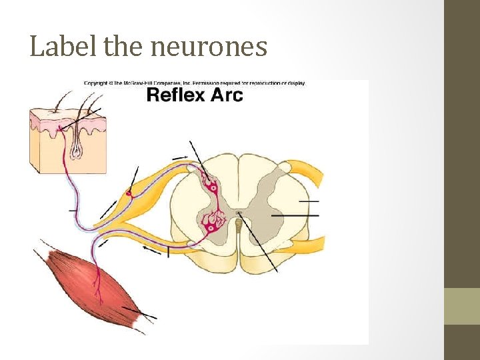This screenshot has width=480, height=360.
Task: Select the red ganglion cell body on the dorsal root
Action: click(129, 194)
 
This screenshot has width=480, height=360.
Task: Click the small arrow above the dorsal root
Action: click(180, 157)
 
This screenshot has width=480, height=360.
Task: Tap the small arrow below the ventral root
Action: click(152, 252)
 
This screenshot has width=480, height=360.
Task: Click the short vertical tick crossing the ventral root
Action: click(169, 251)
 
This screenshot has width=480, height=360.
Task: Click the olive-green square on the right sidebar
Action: click(462, 306)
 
